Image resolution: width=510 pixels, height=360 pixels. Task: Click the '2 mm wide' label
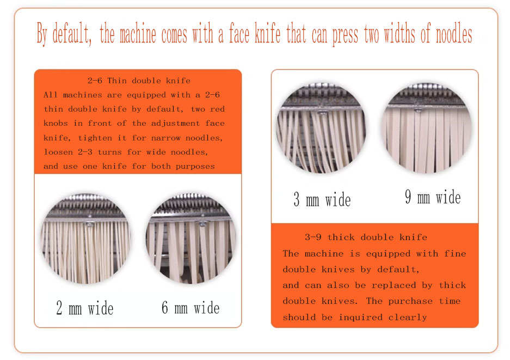click(x=84, y=308)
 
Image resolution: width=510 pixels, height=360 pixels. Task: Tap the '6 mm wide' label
click(x=191, y=308)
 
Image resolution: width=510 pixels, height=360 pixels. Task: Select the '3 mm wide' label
click(x=322, y=199)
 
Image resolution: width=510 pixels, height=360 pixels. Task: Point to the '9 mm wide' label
click(x=433, y=197)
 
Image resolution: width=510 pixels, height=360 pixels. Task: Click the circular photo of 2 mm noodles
click(x=85, y=239)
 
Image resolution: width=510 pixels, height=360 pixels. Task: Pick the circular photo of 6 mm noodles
click(x=191, y=239)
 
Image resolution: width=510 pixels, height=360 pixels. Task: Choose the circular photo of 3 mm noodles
click(x=321, y=127)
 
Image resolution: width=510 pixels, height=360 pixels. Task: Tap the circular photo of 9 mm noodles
click(x=426, y=127)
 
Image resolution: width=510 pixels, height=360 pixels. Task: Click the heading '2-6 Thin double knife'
click(x=139, y=81)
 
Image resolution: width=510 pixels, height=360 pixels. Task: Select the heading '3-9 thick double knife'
click(x=366, y=237)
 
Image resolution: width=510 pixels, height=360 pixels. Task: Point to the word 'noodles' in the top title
click(x=454, y=34)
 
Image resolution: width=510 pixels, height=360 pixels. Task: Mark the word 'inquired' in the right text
click(x=360, y=317)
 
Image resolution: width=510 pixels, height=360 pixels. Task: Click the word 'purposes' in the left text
click(x=195, y=166)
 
